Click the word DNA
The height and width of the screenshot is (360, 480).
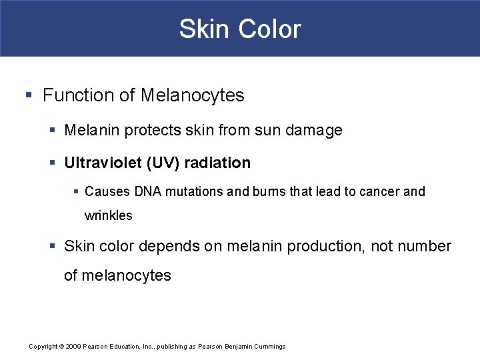(147, 192)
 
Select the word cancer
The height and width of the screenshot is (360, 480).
(381, 192)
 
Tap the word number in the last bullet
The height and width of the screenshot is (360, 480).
(423, 247)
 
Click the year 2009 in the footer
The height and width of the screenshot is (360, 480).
(73, 347)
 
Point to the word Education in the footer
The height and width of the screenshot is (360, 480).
(130, 347)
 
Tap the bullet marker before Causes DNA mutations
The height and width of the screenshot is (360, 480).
(76, 192)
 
